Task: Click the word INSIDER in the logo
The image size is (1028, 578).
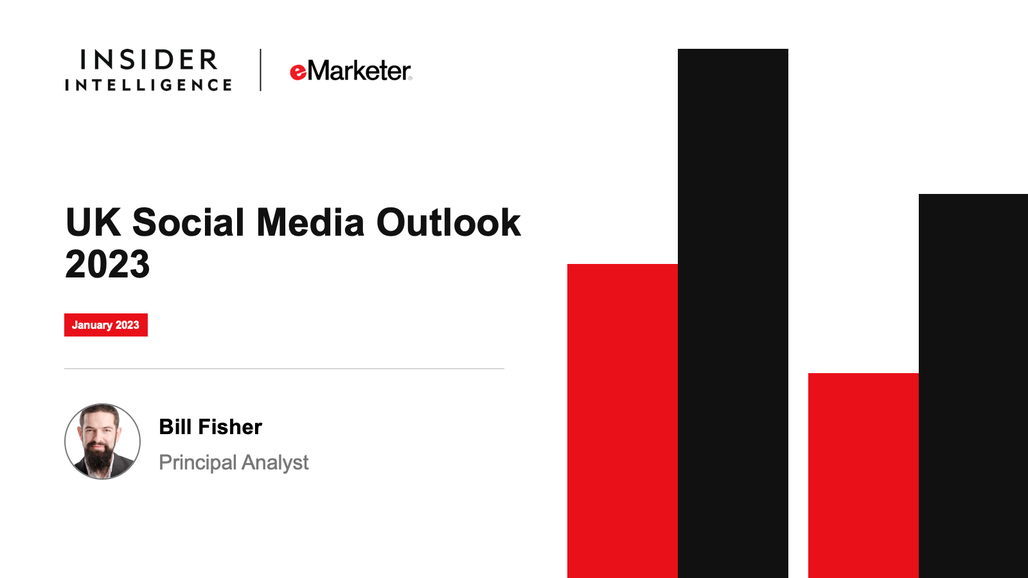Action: click(x=148, y=60)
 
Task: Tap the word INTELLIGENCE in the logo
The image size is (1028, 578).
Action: click(x=148, y=85)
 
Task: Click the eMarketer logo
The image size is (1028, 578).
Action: click(x=351, y=71)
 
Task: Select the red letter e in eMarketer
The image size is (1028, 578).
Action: click(x=298, y=73)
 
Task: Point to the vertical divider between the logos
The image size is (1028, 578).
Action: click(x=261, y=70)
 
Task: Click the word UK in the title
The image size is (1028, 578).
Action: click(x=93, y=222)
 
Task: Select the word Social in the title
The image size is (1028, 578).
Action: click(x=188, y=222)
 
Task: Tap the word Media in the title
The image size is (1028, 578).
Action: click(x=310, y=222)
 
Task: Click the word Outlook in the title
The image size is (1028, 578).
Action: click(x=448, y=222)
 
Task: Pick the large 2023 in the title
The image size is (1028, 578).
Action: click(x=107, y=264)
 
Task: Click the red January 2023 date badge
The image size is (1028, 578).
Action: click(x=106, y=325)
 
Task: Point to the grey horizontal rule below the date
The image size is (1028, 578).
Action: click(x=284, y=369)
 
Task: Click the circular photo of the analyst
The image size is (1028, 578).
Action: click(x=102, y=441)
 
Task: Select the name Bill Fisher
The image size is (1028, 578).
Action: click(x=211, y=426)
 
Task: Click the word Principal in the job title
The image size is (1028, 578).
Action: click(x=198, y=463)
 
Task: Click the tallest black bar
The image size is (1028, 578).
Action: click(x=733, y=313)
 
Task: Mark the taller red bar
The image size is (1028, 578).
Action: click(x=623, y=421)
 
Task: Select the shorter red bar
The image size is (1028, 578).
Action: click(x=864, y=476)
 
